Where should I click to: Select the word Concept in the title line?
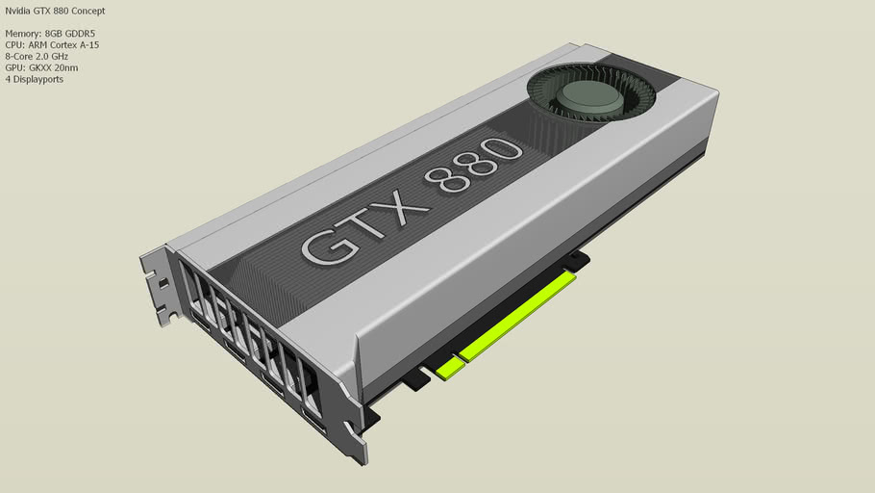pyautogui.click(x=87, y=11)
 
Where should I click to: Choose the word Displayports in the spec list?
pyautogui.click(x=37, y=79)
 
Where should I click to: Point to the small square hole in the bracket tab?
pyautogui.click(x=162, y=283)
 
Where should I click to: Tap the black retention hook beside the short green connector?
pyautogui.click(x=416, y=380)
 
